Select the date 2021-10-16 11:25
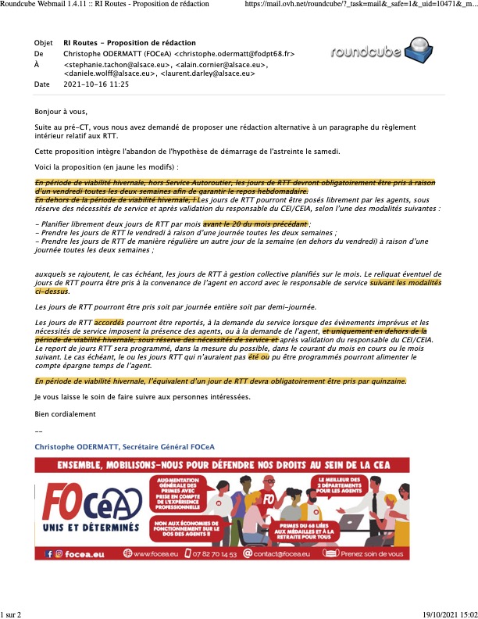96,84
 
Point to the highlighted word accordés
109,322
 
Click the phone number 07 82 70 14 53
208,553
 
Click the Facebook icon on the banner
48,553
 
